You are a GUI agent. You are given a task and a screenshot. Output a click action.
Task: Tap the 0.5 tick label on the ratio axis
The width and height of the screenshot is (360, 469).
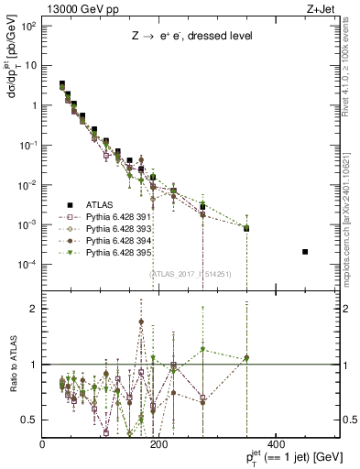(30, 420)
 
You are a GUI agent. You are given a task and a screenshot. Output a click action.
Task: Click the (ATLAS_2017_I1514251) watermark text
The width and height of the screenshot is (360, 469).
(191, 272)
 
